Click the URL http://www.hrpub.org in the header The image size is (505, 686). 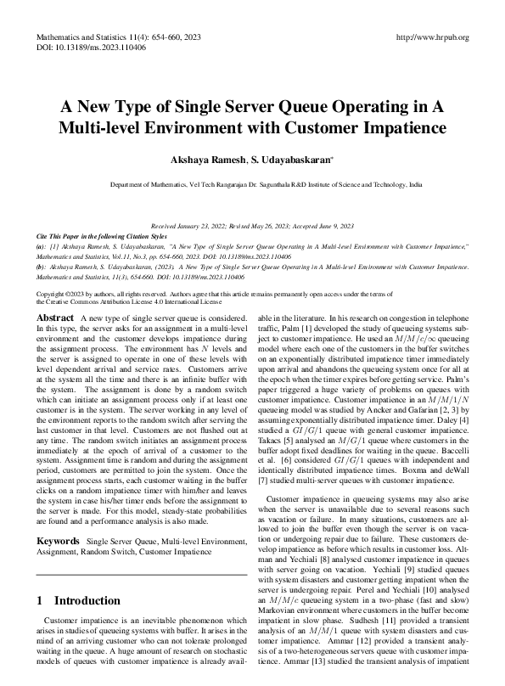pyautogui.click(x=433, y=38)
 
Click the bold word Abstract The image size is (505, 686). pyautogui.click(x=55, y=317)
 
